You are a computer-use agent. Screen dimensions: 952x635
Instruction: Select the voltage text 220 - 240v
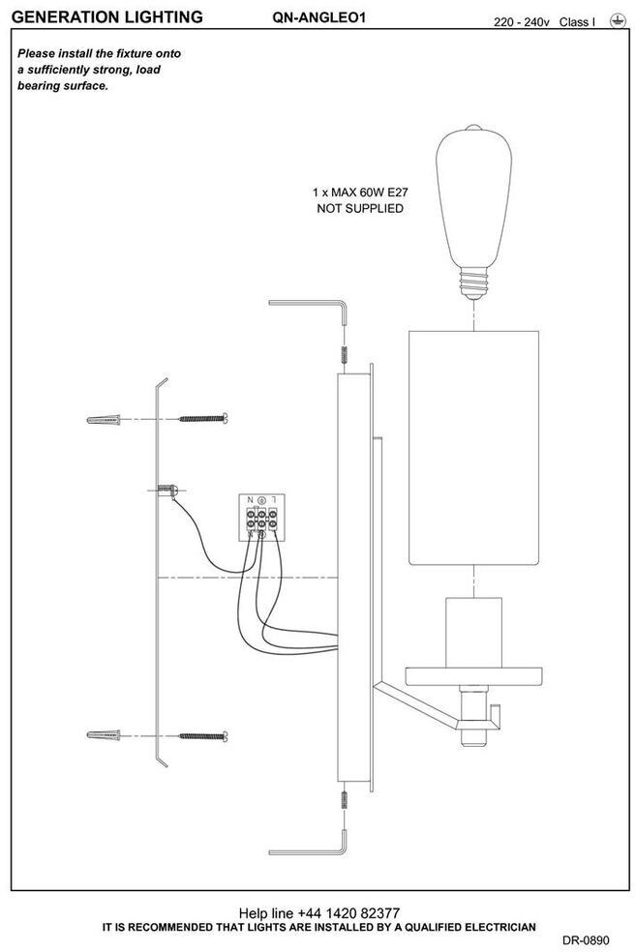[521, 20]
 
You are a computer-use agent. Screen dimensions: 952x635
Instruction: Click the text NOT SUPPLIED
[359, 209]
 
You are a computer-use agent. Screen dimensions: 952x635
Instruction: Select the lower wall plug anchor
[105, 735]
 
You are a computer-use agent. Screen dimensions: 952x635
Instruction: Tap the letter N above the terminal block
[250, 499]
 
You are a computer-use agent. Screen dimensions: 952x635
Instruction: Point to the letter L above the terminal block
[275, 499]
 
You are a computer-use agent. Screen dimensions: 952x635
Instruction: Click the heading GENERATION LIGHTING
[106, 17]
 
